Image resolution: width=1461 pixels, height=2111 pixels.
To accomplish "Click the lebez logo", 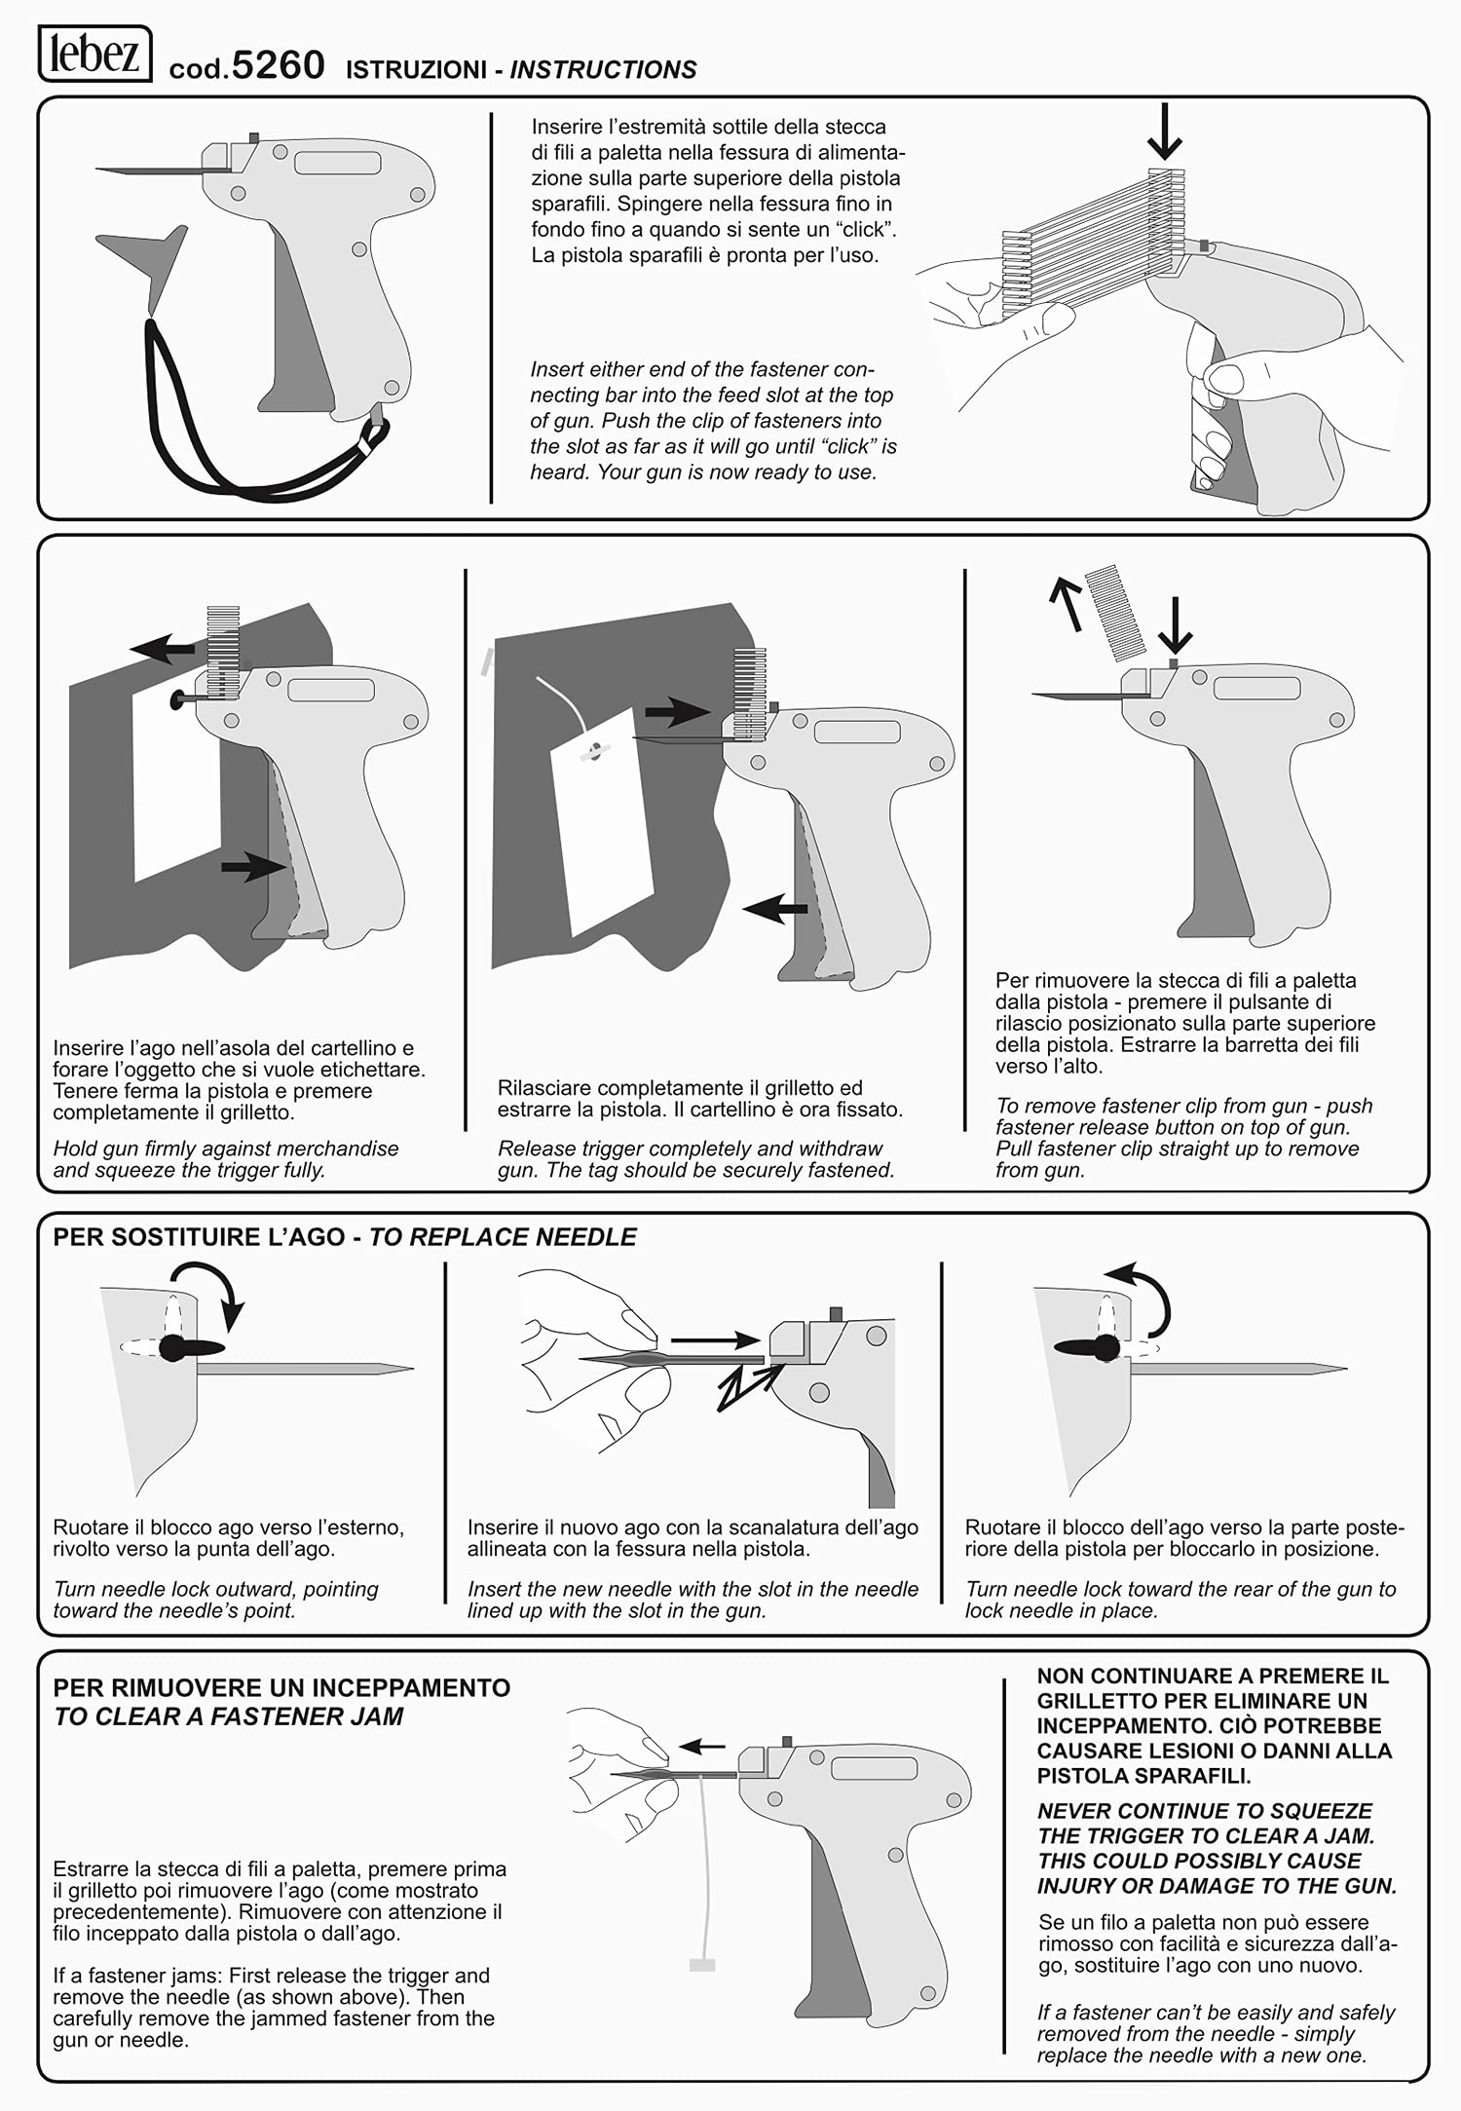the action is pos(94,54).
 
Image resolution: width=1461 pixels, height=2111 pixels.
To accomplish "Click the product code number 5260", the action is pos(279,65).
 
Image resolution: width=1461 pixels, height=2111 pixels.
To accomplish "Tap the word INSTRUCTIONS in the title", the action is pos(603,70).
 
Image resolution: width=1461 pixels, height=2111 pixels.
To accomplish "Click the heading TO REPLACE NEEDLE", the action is pos(503,1237).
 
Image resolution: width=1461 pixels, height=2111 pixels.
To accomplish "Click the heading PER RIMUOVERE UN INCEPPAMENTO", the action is pos(281,1688).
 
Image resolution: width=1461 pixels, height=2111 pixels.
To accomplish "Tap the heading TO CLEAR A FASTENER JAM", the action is pos(228,1716).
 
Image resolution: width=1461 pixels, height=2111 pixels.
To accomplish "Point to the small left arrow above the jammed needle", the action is pos(702,1747).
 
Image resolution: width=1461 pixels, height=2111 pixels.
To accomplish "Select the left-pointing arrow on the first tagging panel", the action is pos(164,648).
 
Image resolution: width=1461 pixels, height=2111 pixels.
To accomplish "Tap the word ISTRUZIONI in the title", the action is pos(416,70).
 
